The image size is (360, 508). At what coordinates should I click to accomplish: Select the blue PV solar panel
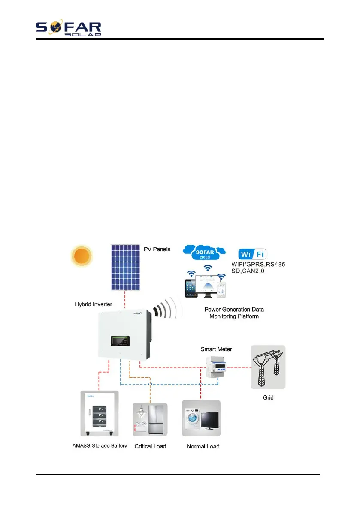pyautogui.click(x=125, y=267)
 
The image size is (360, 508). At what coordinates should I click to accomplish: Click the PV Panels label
pyautogui.click(x=157, y=248)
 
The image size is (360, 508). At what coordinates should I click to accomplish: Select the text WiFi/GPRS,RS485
pyautogui.click(x=261, y=265)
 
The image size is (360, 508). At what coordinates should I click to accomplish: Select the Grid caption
pyautogui.click(x=268, y=397)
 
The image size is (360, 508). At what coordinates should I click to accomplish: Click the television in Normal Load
pyautogui.click(x=210, y=423)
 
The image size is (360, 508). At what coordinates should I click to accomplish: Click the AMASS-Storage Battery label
pyautogui.click(x=99, y=446)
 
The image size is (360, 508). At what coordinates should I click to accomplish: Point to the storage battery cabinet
pyautogui.click(x=99, y=413)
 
